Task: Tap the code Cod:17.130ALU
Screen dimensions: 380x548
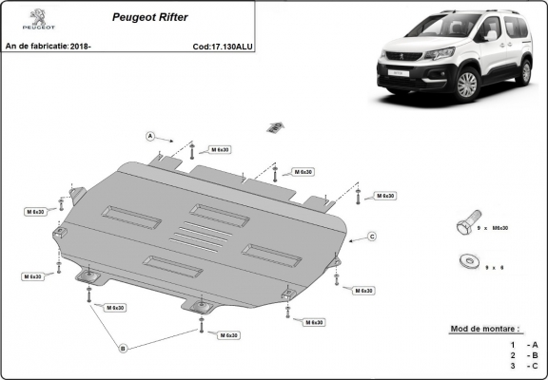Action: [221, 45]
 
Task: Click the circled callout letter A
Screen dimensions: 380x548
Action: [150, 137]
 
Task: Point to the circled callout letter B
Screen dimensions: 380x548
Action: [123, 349]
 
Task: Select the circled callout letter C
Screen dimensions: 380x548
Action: [372, 236]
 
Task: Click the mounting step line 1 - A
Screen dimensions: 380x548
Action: [524, 343]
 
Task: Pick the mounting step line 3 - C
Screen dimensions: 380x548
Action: [524, 366]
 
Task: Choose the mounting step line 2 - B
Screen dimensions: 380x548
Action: [524, 354]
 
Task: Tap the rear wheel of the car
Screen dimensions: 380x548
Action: [524, 71]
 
